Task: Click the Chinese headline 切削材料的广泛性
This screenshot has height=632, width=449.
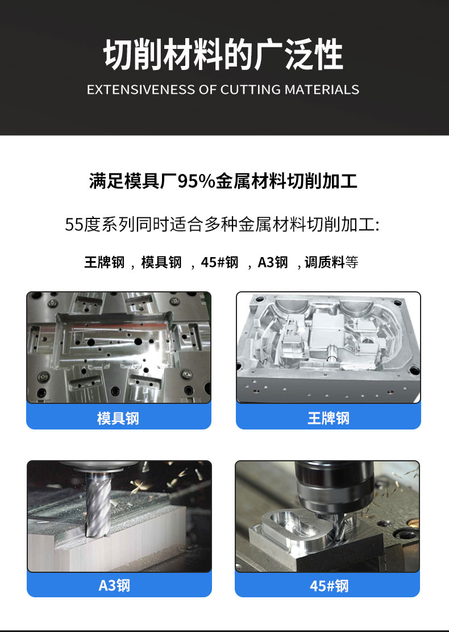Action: (223, 55)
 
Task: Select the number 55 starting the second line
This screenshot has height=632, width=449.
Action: (74, 225)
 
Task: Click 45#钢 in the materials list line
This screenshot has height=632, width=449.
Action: (219, 262)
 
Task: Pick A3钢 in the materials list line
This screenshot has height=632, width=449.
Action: (273, 262)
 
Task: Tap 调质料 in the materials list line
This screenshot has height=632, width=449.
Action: (325, 262)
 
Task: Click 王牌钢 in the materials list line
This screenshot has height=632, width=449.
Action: (105, 262)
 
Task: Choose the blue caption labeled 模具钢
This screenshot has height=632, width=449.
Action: (118, 418)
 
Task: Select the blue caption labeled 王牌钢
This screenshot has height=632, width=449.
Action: (328, 418)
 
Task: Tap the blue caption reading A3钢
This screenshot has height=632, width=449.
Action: (119, 585)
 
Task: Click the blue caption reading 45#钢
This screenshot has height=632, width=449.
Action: (327, 585)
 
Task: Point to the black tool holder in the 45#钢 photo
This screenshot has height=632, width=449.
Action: (334, 488)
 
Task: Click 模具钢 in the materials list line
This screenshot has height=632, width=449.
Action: (161, 262)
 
